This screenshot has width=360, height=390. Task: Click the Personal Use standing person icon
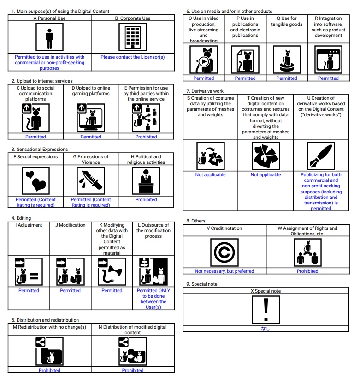pos(49,37)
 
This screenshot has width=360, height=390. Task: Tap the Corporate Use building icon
pos(132,37)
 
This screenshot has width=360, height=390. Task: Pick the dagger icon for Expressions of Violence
pos(91,181)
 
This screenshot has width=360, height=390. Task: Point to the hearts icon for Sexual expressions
pos(35,181)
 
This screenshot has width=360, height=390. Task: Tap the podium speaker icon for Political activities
pos(146,181)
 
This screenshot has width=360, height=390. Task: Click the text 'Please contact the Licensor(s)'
pos(132,57)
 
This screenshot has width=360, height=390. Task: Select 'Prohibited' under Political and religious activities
pos(146,200)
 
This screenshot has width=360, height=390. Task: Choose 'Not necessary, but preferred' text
pos(224,271)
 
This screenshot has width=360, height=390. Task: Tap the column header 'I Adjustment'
pos(29,225)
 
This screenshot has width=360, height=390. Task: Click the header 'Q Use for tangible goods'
pos(287,21)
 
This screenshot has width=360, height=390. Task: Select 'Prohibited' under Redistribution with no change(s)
pos(49,370)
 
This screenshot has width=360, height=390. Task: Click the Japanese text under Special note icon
pos(266,329)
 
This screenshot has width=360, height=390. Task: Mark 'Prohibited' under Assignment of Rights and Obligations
pos(307,271)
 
